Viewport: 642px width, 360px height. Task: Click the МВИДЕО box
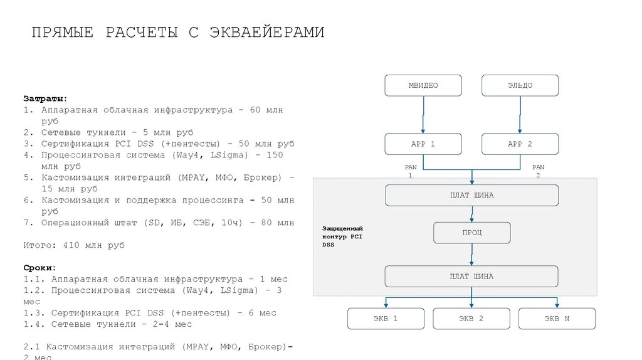tap(423, 85)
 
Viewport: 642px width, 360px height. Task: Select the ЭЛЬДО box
tap(520, 85)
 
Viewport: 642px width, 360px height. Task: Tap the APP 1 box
tap(423, 144)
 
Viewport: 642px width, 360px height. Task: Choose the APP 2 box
tap(520, 144)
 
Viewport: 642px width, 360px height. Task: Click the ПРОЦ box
tap(472, 233)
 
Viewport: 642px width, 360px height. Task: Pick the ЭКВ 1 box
tap(386, 319)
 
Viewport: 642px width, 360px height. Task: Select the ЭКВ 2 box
tap(471, 319)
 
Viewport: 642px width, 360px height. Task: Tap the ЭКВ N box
tap(557, 319)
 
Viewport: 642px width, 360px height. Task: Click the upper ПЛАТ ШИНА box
tap(471, 195)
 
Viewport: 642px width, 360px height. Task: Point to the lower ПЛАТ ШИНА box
tap(471, 277)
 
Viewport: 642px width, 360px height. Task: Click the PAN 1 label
tap(411, 171)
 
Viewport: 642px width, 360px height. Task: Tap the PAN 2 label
tap(538, 171)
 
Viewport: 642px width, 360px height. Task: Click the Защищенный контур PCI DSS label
tap(342, 236)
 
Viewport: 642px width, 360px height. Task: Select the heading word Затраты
tap(45, 99)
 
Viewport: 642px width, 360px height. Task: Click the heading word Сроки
tap(40, 267)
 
